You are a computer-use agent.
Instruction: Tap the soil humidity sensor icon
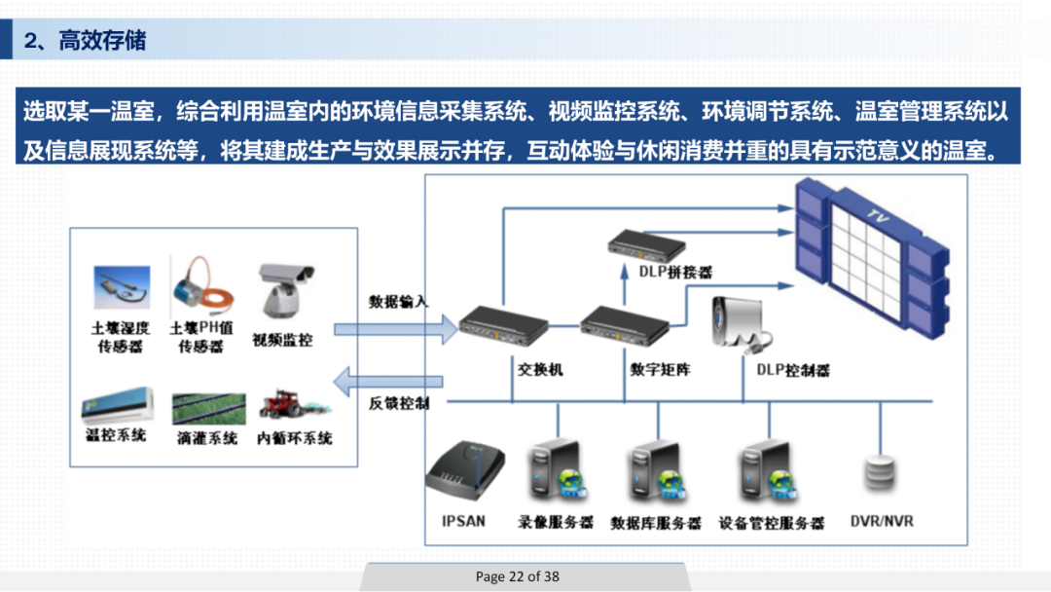[122, 288]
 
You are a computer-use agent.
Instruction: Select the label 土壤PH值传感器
[201, 338]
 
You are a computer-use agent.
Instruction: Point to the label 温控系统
[116, 435]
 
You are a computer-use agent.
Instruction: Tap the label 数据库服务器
[656, 523]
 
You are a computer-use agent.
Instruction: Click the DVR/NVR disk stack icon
[880, 472]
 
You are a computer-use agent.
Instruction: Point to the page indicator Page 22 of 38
[518, 576]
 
